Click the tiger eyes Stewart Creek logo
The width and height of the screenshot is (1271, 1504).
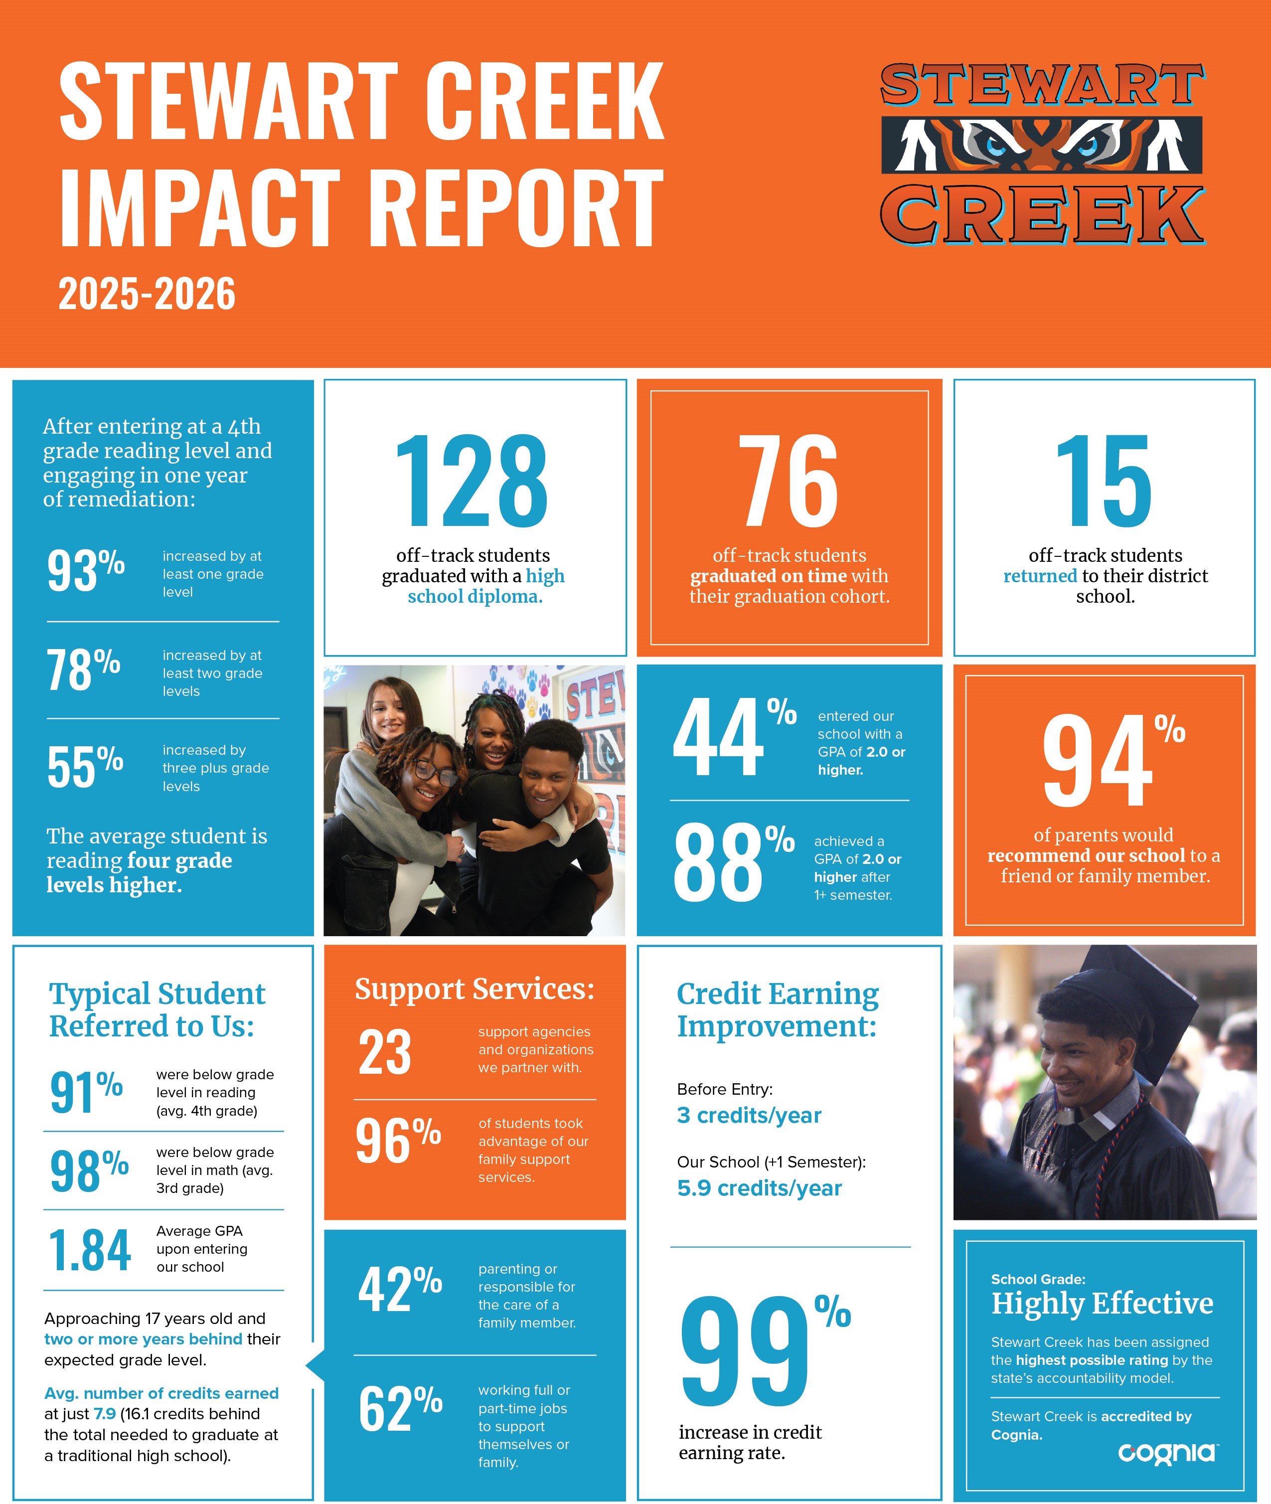(x=1042, y=154)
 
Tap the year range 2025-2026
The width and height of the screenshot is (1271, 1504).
(x=147, y=294)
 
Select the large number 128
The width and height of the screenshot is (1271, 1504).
(x=472, y=481)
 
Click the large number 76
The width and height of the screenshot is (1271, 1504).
(x=789, y=481)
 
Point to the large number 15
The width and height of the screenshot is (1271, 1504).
(x=1105, y=481)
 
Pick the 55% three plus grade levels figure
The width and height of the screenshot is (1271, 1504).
(x=85, y=766)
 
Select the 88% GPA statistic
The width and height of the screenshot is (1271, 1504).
(x=734, y=862)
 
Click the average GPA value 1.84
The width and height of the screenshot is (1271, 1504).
(x=90, y=1250)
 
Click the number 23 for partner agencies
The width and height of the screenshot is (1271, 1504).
(x=385, y=1052)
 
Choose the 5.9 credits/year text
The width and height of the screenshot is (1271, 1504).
(x=760, y=1188)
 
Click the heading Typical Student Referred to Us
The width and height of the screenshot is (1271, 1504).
(x=157, y=1009)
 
